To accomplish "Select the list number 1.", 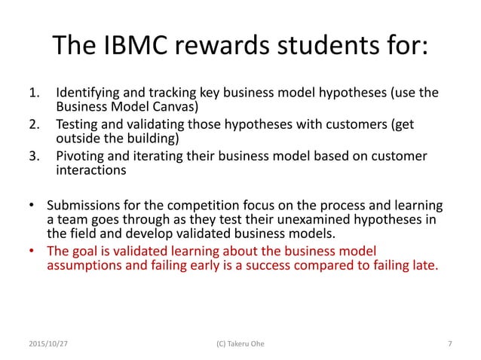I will (33, 94).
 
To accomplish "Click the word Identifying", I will (87, 94).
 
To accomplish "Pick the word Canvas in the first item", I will (170, 107).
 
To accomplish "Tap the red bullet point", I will (30, 251).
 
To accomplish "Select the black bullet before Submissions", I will (30, 206).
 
